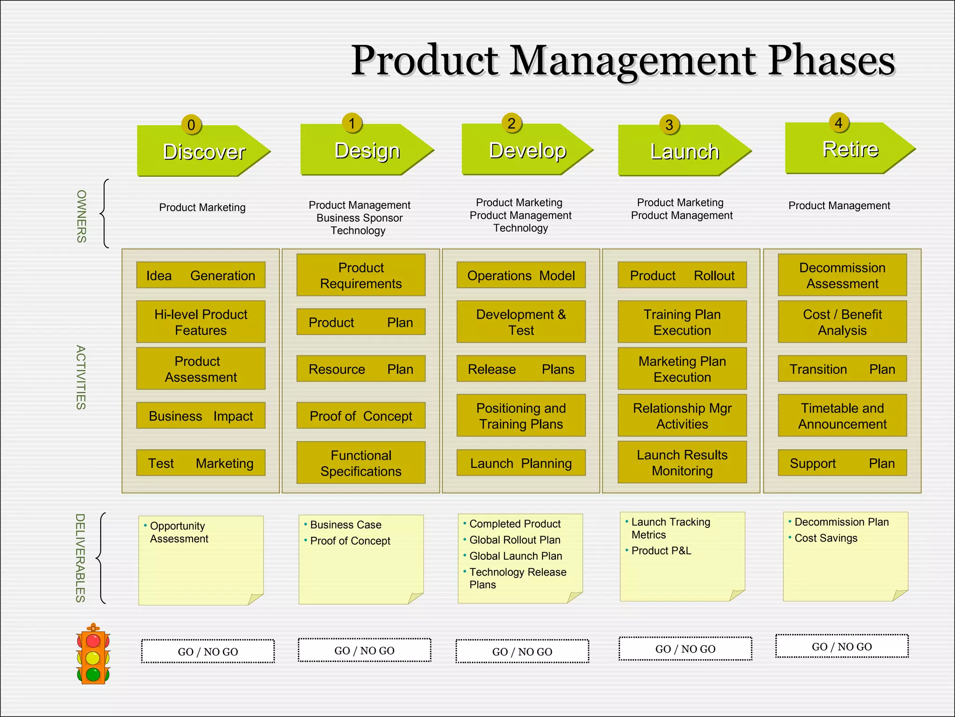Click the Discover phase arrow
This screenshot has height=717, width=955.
click(x=203, y=151)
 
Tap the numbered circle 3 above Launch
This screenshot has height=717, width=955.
click(x=669, y=125)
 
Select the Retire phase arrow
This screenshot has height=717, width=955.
click(x=850, y=149)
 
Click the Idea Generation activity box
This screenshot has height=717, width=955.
click(x=201, y=275)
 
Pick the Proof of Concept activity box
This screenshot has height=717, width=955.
click(x=361, y=415)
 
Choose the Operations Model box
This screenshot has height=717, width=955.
click(x=521, y=275)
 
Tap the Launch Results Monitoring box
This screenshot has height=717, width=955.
click(x=682, y=462)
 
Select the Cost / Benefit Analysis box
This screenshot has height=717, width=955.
click(x=842, y=322)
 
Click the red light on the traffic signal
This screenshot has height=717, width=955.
click(x=93, y=640)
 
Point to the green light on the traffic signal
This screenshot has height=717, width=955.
click(x=93, y=674)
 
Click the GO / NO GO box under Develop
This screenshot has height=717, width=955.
click(x=522, y=651)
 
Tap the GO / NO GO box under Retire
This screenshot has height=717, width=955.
click(x=842, y=647)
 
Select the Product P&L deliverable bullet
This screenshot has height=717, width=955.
click(x=661, y=551)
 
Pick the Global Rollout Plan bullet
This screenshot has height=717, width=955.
click(x=514, y=540)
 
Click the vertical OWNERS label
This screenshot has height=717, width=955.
click(x=82, y=216)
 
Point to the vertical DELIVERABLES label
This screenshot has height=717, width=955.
click(x=80, y=558)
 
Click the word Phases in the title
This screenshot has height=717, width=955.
click(x=831, y=61)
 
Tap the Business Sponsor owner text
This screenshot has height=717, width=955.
click(x=359, y=218)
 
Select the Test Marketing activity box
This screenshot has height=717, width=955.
click(x=201, y=463)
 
